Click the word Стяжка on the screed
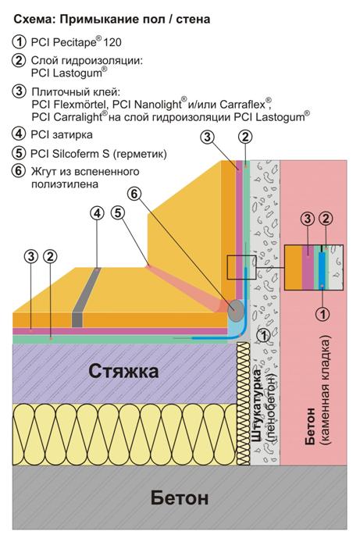tap(123, 371)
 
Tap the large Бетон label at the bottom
tap(180, 498)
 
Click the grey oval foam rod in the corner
tap(236, 310)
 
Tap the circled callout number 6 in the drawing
tap(134, 194)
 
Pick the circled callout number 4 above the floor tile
tap(98, 213)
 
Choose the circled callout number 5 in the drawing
tap(118, 213)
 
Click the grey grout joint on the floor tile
tap(85, 298)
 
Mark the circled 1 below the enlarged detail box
tap(323, 314)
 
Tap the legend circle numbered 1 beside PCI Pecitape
tap(19, 42)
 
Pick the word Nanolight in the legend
tap(157, 104)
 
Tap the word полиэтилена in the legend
tap(65, 184)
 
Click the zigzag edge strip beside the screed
tap(243, 404)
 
